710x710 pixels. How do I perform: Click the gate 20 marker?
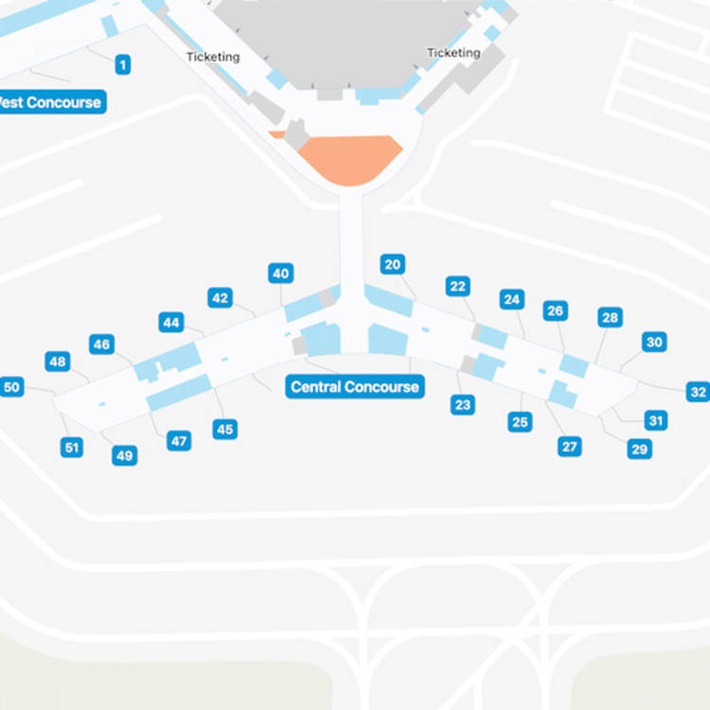coord(393,264)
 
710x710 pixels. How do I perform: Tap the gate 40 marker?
coord(280,274)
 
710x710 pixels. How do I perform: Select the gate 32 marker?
coord(698,392)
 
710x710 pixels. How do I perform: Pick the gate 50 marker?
coord(11,386)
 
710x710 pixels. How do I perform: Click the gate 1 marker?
coord(122,64)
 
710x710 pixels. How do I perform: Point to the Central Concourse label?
coord(354,386)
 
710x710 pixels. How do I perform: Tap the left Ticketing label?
coord(213,57)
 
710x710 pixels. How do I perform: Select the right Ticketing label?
coord(453,53)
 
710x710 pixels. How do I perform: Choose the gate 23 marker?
coord(462,405)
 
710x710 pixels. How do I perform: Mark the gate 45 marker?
coord(224,430)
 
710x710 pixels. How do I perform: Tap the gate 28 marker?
coord(610,317)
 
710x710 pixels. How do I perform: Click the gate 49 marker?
coord(124,456)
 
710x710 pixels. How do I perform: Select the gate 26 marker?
coord(556,311)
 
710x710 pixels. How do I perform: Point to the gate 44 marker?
coord(171,322)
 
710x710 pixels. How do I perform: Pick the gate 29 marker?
coord(640,449)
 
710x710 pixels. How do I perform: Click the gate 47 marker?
coord(178,440)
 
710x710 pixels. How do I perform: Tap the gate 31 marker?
coord(656,420)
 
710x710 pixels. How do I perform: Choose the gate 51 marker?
coord(72,447)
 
